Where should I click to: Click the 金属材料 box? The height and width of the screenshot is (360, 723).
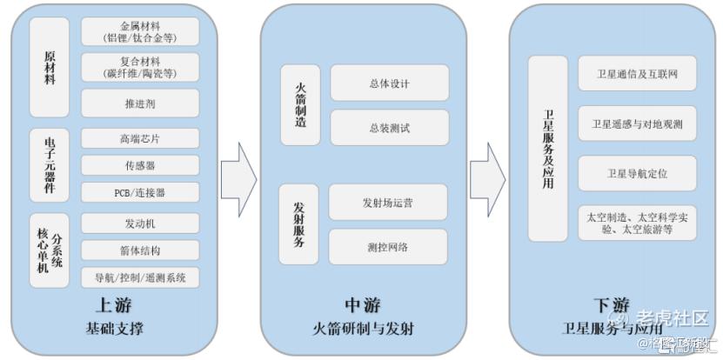tap(140, 31)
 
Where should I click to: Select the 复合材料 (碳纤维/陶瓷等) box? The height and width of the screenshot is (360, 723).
tap(140, 67)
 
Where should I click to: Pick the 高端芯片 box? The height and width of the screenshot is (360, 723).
tap(140, 137)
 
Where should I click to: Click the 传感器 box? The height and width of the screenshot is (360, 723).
tap(140, 164)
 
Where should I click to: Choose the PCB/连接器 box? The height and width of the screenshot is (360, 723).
tap(140, 191)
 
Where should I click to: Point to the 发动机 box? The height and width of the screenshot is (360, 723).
tap(140, 223)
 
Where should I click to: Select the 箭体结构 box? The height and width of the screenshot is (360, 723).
tap(140, 250)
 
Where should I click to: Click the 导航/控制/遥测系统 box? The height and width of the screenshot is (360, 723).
tap(140, 277)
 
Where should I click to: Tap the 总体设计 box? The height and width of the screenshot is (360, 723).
tap(389, 83)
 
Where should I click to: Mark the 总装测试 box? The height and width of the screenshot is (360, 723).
tap(389, 128)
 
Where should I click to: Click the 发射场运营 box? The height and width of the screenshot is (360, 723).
tap(388, 203)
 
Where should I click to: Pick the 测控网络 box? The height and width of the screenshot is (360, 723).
tap(388, 247)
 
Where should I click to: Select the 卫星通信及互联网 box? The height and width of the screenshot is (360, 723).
tap(637, 74)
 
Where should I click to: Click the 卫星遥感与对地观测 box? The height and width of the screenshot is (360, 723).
tap(637, 123)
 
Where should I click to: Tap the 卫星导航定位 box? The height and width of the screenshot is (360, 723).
tap(637, 173)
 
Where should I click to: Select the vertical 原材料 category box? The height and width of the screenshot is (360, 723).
tap(50, 67)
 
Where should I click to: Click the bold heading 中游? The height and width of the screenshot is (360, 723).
tap(363, 305)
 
